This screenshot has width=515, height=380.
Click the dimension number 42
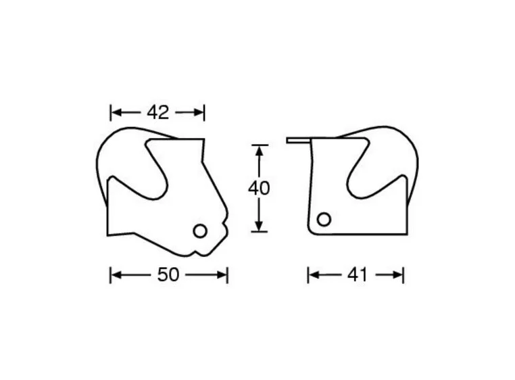(157, 112)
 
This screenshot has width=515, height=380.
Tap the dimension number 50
(168, 275)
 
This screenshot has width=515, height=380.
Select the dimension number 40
(258, 188)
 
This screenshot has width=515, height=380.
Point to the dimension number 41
(357, 275)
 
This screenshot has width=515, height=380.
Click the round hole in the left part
(199, 231)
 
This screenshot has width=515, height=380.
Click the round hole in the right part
(324, 219)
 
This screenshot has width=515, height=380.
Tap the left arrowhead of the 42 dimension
(115, 112)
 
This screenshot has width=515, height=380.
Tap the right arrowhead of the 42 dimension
(199, 112)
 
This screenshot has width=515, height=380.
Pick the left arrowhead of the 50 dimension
(115, 275)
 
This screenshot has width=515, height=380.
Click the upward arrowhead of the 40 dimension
(258, 149)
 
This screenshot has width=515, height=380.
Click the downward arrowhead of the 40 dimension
(258, 227)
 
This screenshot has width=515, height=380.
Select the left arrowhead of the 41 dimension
(313, 275)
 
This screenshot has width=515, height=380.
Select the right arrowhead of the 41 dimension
(399, 275)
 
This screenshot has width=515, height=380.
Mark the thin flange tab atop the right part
(297, 141)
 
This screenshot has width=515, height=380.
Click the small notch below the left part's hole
(199, 252)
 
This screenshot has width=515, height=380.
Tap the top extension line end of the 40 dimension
(258, 144)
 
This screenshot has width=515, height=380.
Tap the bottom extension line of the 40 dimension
(258, 232)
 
